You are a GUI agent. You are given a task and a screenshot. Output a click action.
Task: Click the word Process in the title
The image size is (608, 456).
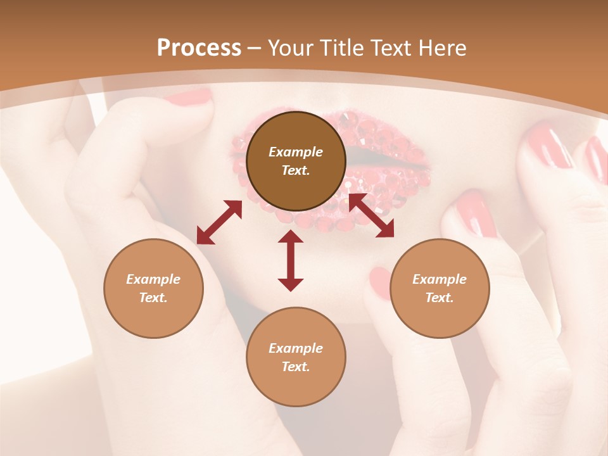(x=199, y=48)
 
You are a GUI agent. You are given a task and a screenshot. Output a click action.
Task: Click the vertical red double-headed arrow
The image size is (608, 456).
(x=291, y=260)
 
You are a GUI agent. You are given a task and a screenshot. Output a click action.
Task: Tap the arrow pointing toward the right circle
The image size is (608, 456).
(x=372, y=215)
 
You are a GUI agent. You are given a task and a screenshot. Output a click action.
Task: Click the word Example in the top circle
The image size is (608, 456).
(x=296, y=152)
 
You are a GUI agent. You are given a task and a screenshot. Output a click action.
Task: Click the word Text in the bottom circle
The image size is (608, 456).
(x=296, y=367)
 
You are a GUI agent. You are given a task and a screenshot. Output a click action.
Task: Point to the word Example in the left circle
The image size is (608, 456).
(x=153, y=279)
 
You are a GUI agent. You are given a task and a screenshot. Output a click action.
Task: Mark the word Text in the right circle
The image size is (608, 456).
(x=440, y=298)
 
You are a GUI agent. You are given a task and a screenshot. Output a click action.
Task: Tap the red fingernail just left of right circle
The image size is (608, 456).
(x=381, y=282)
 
